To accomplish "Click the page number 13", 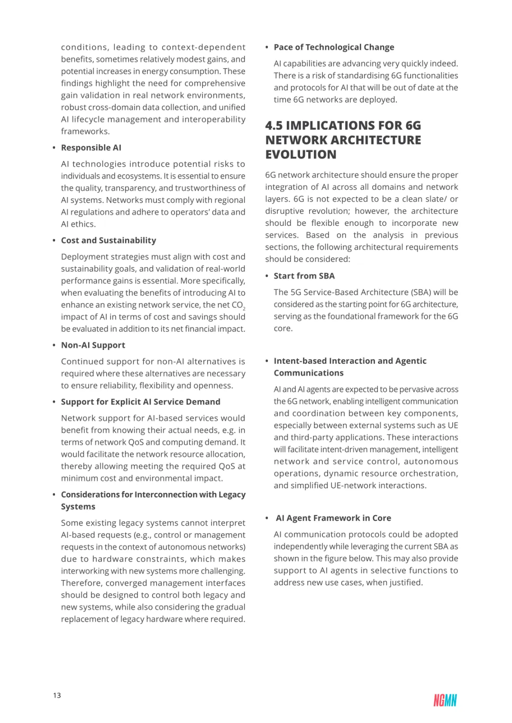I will pos(57,695).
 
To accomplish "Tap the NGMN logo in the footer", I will pos(445,700).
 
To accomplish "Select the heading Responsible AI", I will pos(91,148).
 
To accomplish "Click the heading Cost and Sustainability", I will pos(108,241).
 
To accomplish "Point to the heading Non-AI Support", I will pos(93,345).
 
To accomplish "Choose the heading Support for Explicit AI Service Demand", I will pos(140,402).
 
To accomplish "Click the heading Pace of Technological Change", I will pos(334,47).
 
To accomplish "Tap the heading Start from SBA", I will pos(304,276).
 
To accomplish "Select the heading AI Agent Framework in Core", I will pos(333,518).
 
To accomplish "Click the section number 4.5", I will pos(274,125).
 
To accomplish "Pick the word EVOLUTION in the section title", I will pos(301,155).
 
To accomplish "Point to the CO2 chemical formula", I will pos(238,305).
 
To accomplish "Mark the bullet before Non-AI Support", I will pos(55,346).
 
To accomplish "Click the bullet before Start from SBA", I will pos(267,276).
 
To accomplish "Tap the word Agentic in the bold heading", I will pos(411,361).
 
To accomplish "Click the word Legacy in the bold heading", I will pos(232,494).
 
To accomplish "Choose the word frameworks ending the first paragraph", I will pos(85,132).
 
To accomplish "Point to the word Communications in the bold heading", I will pos(309,373).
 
